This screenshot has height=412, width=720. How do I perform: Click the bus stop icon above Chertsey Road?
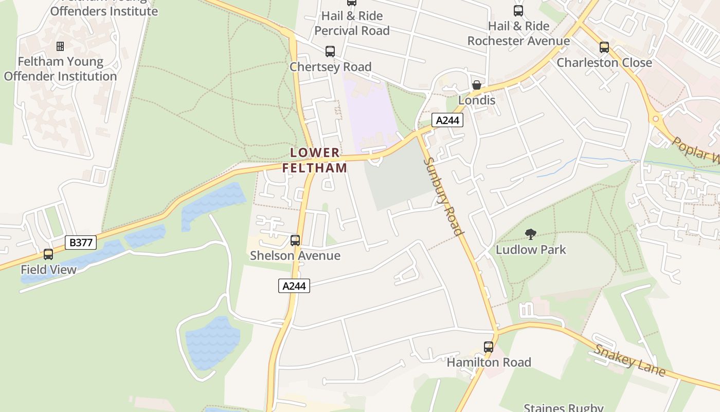pos(330,51)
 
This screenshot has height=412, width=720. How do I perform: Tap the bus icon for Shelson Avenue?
pos(295,240)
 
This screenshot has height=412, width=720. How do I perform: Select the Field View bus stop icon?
pos(48,254)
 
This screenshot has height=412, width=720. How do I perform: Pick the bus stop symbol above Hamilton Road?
pos(489,347)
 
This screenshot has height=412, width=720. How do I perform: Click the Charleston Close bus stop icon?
pos(604,47)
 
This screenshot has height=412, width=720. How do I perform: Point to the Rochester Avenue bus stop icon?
pos(518,10)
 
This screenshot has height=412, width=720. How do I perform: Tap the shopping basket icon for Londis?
pos(477,85)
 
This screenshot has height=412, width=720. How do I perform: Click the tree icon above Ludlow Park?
pos(531,235)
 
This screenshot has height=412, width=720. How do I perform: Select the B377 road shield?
pos(81,243)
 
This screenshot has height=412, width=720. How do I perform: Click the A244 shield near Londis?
pos(447,121)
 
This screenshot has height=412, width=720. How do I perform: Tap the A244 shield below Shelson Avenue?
pos(294,286)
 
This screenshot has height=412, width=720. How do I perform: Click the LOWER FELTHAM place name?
pos(315,160)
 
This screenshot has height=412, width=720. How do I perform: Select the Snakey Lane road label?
pos(630,360)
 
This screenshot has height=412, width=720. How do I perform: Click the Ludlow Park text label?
pos(531,250)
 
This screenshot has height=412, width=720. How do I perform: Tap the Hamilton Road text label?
pos(489,363)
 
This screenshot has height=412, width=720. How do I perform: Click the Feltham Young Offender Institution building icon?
pos(60,46)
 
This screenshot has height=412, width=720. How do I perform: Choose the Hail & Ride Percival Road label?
pos(352,23)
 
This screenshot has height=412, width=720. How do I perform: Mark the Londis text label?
pos(477,100)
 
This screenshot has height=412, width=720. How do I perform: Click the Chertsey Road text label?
pos(330,67)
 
